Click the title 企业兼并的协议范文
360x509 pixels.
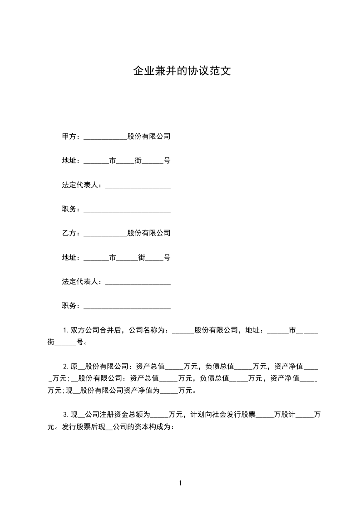[x=182, y=71]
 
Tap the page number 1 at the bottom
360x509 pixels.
[x=180, y=483]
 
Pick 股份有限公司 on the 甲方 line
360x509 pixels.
[x=149, y=136]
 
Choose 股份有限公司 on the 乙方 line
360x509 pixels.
[x=149, y=233]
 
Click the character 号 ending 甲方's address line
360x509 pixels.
[x=167, y=161]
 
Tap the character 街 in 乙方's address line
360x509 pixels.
[x=142, y=258]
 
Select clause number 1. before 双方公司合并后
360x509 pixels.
[x=66, y=330]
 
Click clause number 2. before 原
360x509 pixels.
[x=66, y=366]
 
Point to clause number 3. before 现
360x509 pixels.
[x=66, y=415]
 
